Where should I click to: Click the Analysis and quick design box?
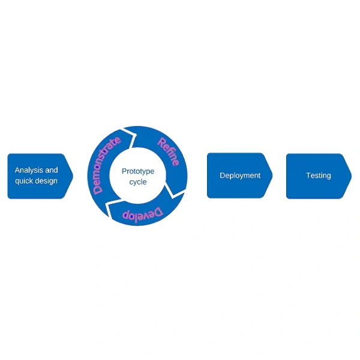(37, 176)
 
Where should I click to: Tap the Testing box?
(316, 175)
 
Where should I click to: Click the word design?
(47, 181)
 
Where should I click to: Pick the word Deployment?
(240, 176)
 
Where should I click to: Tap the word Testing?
(318, 176)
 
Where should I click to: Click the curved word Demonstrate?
(106, 163)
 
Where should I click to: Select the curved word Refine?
(168, 151)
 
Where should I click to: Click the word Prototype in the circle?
(138, 171)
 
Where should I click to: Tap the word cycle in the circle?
(138, 182)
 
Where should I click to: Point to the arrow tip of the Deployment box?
(271, 175)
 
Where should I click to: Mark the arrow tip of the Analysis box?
(72, 176)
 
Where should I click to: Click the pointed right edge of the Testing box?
(351, 175)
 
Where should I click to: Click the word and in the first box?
(52, 170)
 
